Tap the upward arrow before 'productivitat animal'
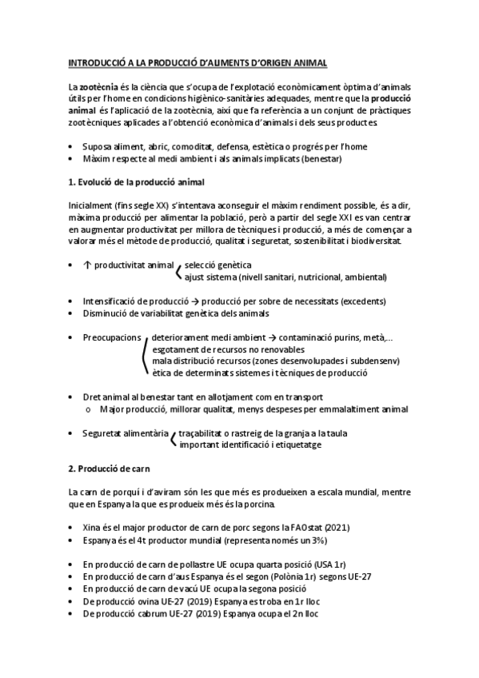86,265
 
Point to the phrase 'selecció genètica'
218,265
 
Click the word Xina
93,528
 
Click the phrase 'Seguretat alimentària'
125,433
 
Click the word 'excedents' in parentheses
361,301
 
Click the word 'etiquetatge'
295,445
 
